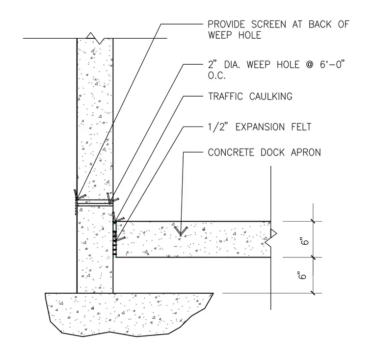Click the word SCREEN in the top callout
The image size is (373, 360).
268,25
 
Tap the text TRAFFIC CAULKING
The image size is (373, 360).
250,96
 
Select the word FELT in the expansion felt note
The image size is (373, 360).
301,127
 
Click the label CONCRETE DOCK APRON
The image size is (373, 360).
264,153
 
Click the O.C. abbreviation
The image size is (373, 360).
217,76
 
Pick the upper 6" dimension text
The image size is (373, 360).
305,241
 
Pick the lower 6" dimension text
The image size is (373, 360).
302,275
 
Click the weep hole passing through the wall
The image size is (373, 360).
95,203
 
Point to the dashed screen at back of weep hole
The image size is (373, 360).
76,207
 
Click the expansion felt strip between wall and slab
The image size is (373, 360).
115,239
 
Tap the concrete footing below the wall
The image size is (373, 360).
129,314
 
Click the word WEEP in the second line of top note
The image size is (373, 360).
220,35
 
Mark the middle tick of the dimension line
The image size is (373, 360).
313,257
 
